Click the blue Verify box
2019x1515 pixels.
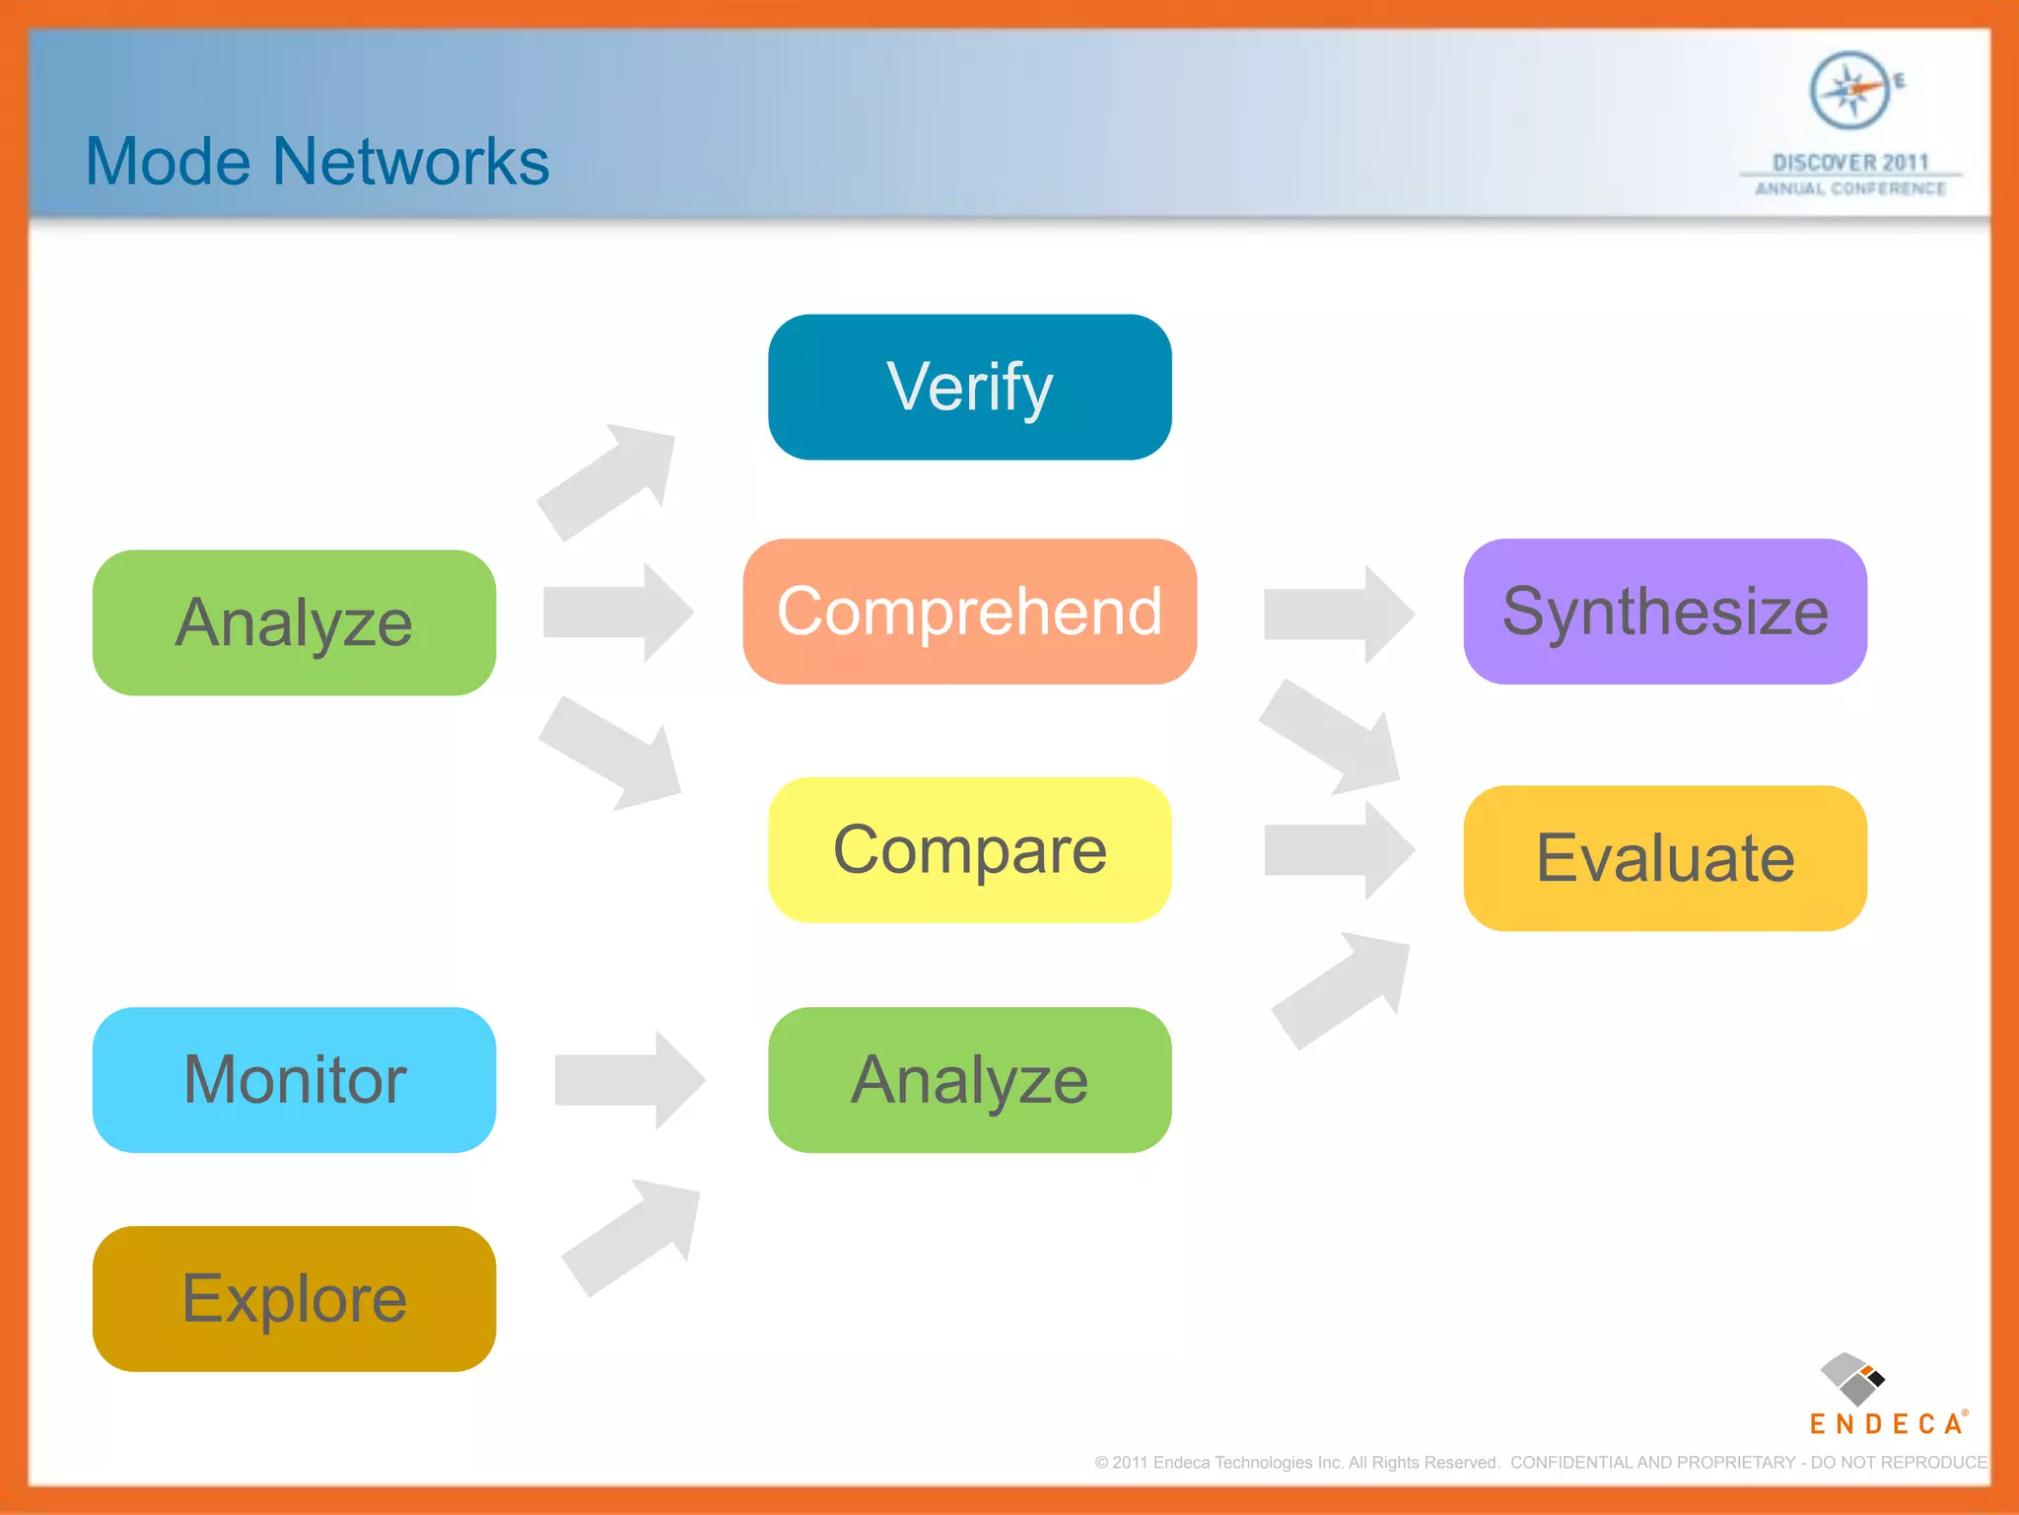pyautogui.click(x=970, y=387)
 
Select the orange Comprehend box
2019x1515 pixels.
pyautogui.click(x=970, y=612)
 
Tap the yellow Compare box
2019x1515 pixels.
pyautogui.click(x=970, y=850)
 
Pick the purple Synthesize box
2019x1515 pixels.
pyautogui.click(x=1665, y=612)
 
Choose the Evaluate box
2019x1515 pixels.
pyautogui.click(x=1665, y=858)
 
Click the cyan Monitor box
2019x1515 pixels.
pyautogui.click(x=294, y=1080)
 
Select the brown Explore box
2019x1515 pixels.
pyautogui.click(x=294, y=1299)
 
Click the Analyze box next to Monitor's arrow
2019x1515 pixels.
pyautogui.click(x=970, y=1080)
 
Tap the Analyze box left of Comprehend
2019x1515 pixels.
pyautogui.click(x=294, y=622)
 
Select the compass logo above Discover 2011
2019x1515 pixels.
pyautogui.click(x=1850, y=91)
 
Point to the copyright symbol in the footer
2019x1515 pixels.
pyautogui.click(x=1101, y=1463)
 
